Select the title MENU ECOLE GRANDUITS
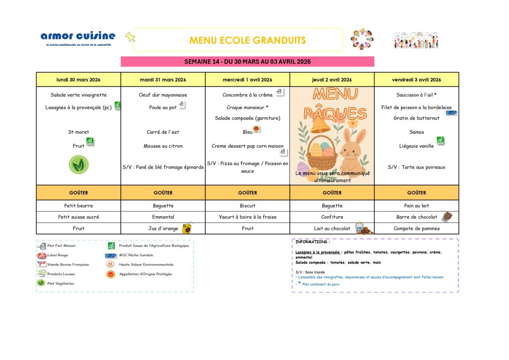click(x=247, y=40)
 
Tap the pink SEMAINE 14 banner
click(x=247, y=62)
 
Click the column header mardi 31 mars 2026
click(x=163, y=80)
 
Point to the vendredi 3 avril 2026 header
click(x=417, y=80)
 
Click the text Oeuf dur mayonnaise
click(x=163, y=95)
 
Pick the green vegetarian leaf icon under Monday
click(x=79, y=165)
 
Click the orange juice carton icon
click(x=186, y=228)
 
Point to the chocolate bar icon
click(x=446, y=217)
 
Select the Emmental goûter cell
click(x=163, y=217)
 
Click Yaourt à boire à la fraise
click(x=248, y=217)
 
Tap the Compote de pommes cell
click(x=417, y=229)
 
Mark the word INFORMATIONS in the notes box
click(x=312, y=242)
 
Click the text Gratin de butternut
click(x=417, y=118)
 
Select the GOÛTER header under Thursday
click(x=332, y=192)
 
